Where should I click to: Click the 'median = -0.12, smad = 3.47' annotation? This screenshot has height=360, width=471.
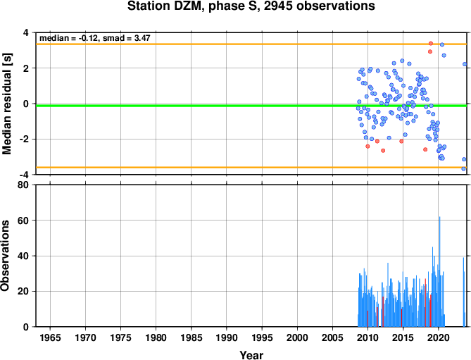pyautogui.click(x=95, y=38)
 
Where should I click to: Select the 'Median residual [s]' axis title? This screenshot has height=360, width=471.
pyautogui.click(x=7, y=104)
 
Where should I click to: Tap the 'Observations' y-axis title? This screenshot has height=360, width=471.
pyautogui.click(x=5, y=256)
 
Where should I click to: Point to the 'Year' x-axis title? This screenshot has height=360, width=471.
pyautogui.click(x=251, y=355)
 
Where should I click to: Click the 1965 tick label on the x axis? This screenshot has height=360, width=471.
pyautogui.click(x=50, y=337)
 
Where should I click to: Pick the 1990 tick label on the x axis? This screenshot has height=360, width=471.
pyautogui.click(x=227, y=337)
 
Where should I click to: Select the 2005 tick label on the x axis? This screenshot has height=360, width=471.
pyautogui.click(x=332, y=337)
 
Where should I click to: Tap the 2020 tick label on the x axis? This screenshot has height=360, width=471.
pyautogui.click(x=438, y=337)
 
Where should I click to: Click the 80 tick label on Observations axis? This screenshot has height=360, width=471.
pyautogui.click(x=23, y=185)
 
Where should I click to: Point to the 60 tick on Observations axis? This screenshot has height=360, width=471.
pyautogui.click(x=23, y=221)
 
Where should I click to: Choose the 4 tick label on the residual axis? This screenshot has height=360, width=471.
pyautogui.click(x=26, y=32)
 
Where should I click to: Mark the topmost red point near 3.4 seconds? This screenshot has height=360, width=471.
pyautogui.click(x=431, y=43)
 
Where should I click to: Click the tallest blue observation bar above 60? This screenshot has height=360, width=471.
pyautogui.click(x=440, y=271)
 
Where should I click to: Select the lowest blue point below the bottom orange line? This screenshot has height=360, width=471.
pyautogui.click(x=463, y=169)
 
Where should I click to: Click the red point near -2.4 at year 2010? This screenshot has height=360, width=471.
pyautogui.click(x=368, y=147)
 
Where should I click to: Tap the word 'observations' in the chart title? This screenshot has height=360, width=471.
pyautogui.click(x=336, y=6)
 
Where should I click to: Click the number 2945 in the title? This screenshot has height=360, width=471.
pyautogui.click(x=277, y=6)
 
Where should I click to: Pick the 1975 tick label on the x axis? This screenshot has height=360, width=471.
pyautogui.click(x=120, y=337)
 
